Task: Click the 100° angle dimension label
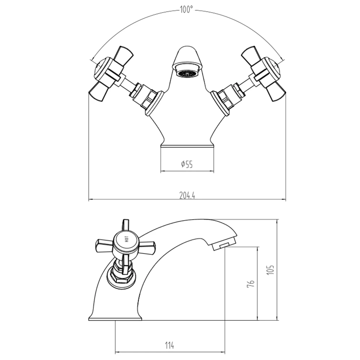(187, 10)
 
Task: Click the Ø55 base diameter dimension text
(187, 165)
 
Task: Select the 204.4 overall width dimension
(187, 195)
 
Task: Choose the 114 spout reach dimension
(170, 346)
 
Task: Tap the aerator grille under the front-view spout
(187, 74)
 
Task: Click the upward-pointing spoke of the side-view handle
(125, 225)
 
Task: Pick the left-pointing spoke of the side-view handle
(104, 245)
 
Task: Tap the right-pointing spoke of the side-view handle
(148, 247)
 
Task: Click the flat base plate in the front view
(187, 145)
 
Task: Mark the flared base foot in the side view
(115, 317)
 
